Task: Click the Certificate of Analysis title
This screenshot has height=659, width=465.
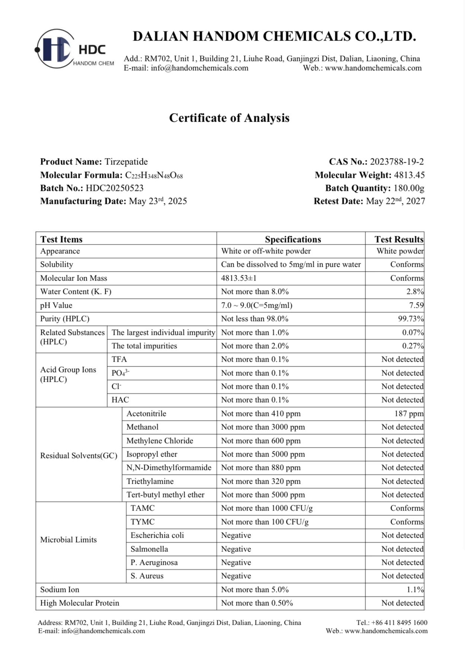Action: (x=229, y=118)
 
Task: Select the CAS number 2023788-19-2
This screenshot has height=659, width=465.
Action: (x=397, y=162)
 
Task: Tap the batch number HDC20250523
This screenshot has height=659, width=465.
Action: (x=115, y=188)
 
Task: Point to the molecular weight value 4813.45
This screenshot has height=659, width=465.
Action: (x=409, y=175)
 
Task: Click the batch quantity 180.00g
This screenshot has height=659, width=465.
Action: (x=409, y=188)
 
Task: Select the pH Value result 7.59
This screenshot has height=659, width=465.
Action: (x=416, y=305)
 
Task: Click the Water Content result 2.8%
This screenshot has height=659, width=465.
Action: (x=415, y=292)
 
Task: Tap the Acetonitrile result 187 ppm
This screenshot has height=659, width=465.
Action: (x=409, y=414)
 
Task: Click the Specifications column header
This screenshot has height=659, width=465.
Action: (x=293, y=239)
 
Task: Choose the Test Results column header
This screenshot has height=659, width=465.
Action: (x=399, y=239)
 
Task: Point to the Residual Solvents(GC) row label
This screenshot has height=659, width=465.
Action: (x=78, y=456)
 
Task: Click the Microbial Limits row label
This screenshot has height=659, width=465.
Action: (x=68, y=540)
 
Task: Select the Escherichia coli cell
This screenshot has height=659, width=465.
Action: (x=157, y=535)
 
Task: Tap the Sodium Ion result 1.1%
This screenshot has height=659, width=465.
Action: (x=415, y=590)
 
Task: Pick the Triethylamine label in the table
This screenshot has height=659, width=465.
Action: (x=150, y=482)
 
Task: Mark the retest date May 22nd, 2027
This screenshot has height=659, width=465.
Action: (x=395, y=201)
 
